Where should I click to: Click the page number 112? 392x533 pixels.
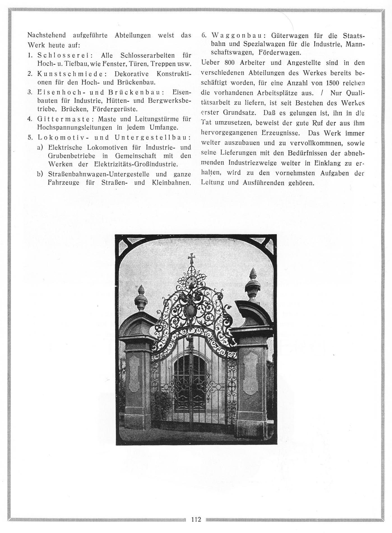196,519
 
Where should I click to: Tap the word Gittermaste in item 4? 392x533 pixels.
65,119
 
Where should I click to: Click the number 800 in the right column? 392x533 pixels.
230,63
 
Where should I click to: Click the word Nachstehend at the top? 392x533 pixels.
47,35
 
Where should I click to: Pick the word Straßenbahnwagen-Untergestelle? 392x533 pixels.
95,174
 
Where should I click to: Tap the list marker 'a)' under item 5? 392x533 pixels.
40,147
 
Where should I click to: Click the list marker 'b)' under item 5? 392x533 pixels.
40,174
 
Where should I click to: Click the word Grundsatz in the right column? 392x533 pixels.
240,113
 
